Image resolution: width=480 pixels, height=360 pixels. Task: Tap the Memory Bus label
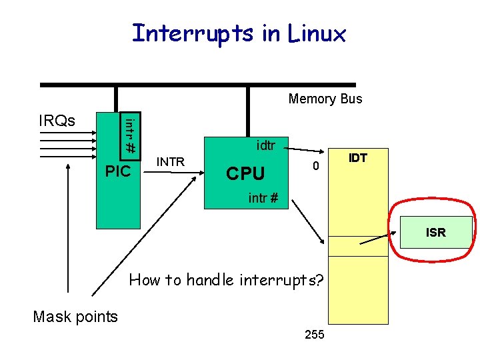[325, 99]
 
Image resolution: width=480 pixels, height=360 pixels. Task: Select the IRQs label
[57, 121]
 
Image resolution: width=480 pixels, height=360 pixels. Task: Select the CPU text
[245, 173]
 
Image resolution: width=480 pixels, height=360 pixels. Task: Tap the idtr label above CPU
[265, 145]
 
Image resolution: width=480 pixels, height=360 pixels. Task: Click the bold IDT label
[358, 158]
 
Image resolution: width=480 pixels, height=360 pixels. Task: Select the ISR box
[435, 232]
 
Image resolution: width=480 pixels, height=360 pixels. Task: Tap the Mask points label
[75, 317]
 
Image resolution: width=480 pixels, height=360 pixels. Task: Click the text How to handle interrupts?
[226, 280]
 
